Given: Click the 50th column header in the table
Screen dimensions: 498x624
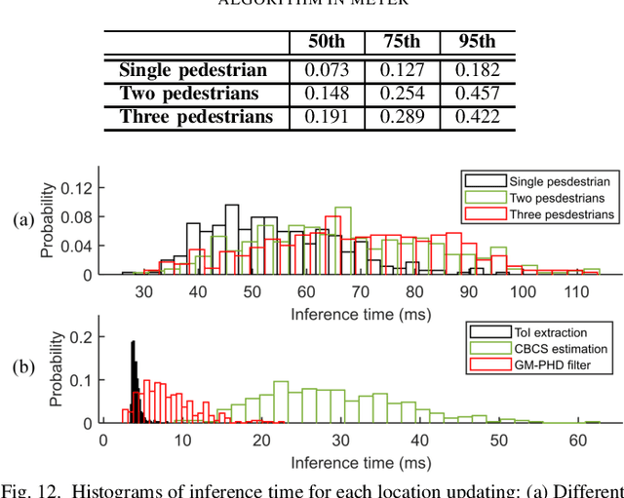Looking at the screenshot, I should coord(327,43).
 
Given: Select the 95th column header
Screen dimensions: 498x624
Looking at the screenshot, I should coord(477,43).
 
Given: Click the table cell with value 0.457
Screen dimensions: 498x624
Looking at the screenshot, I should coord(477,94).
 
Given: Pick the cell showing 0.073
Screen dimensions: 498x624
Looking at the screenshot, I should coord(327,69).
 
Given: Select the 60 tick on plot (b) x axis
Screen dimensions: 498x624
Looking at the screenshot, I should coord(578,440).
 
